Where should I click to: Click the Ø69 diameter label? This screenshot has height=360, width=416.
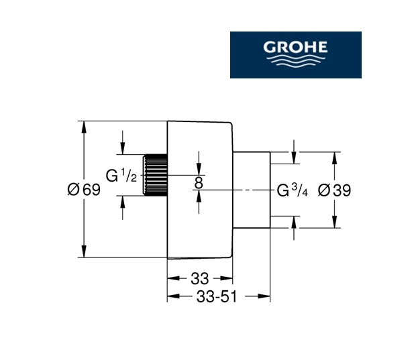[x=83, y=190]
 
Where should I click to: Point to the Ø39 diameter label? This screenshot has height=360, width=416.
[x=333, y=190]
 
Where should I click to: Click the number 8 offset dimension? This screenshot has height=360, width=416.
[x=199, y=181]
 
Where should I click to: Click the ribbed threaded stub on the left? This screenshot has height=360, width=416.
[x=155, y=176]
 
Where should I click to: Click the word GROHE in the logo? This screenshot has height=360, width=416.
[x=295, y=48]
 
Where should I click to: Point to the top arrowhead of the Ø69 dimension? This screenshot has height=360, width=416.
[x=83, y=125]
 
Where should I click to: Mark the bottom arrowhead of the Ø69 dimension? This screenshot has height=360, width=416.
[x=83, y=253]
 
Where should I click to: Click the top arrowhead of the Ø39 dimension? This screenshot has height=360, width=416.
[x=333, y=156]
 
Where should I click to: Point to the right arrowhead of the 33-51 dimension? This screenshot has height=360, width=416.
[x=266, y=295]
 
